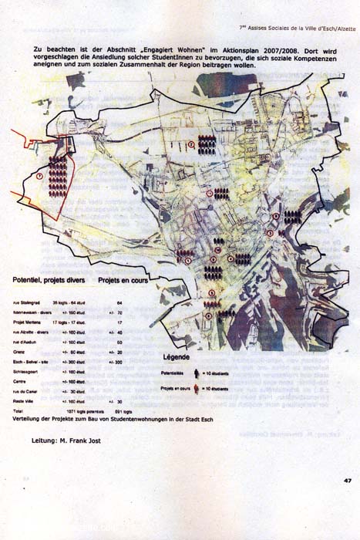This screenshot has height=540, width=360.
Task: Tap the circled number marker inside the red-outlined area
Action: (40, 176)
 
